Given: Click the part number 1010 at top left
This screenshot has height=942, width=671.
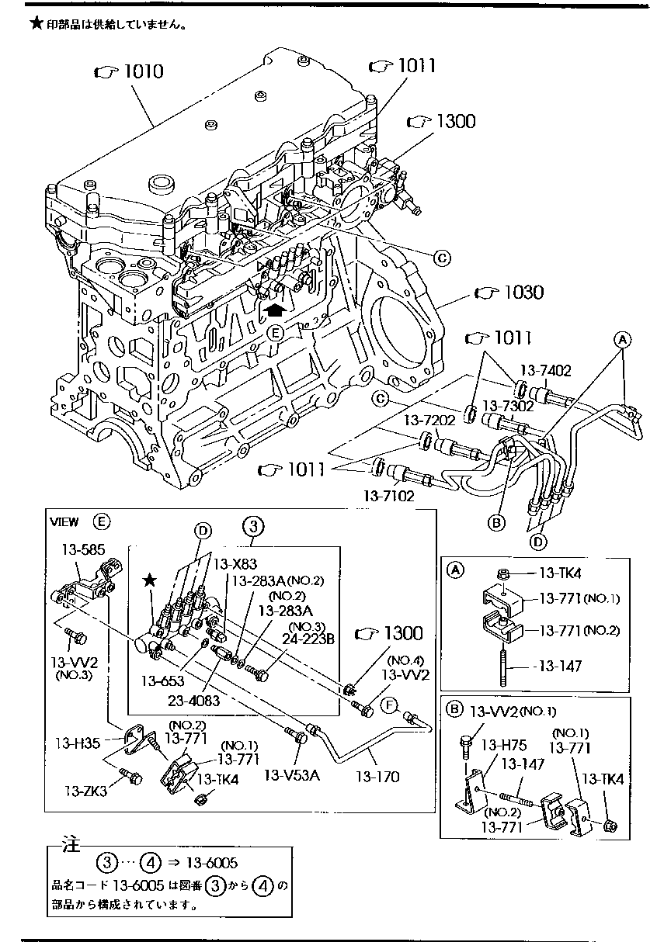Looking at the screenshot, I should click(x=138, y=72).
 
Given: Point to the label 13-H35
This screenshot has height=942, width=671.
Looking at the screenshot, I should click(x=79, y=743).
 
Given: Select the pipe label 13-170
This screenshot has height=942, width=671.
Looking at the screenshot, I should click(x=377, y=775).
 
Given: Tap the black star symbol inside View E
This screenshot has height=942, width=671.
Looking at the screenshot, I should click(x=150, y=580).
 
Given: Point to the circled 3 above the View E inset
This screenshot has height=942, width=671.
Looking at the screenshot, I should click(x=254, y=527).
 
